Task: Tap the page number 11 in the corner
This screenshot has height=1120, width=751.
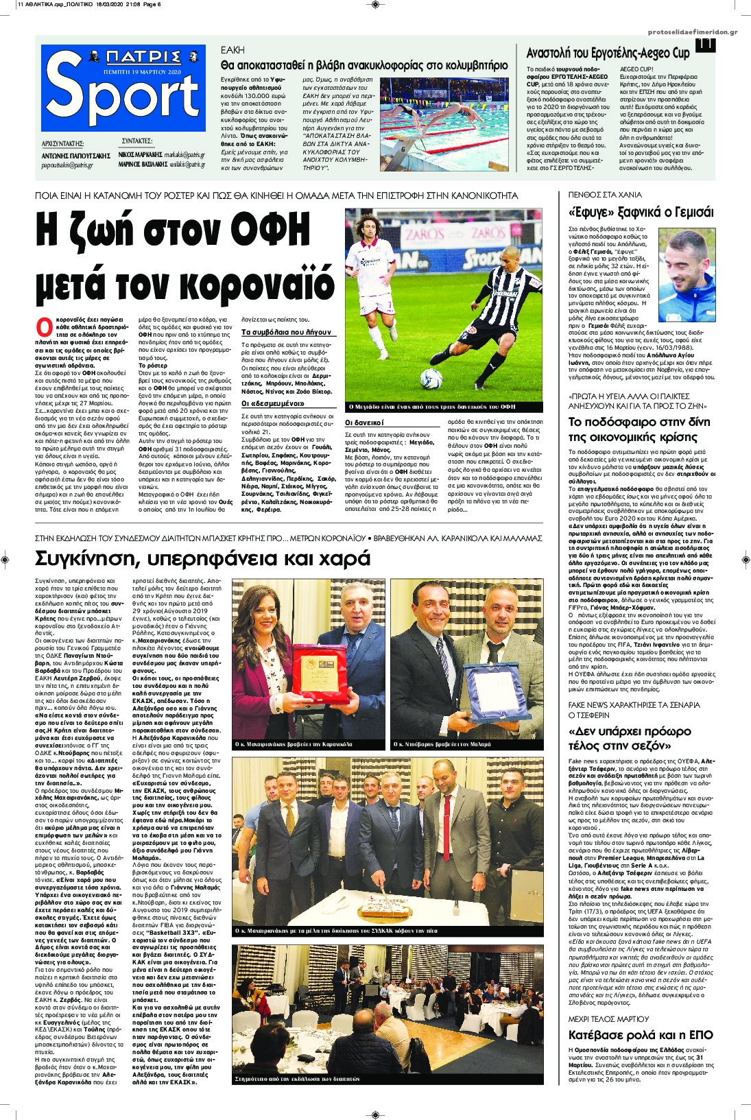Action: coord(704,43)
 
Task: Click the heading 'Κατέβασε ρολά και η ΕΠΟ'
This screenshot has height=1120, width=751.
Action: coord(641,1035)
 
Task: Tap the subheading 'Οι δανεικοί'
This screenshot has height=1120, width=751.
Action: coord(364,422)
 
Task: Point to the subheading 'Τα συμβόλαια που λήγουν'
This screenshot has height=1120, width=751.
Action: coord(286,332)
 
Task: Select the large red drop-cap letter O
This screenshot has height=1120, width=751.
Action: coord(44,325)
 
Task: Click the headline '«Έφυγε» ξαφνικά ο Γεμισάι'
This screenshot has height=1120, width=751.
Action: coord(641,212)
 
